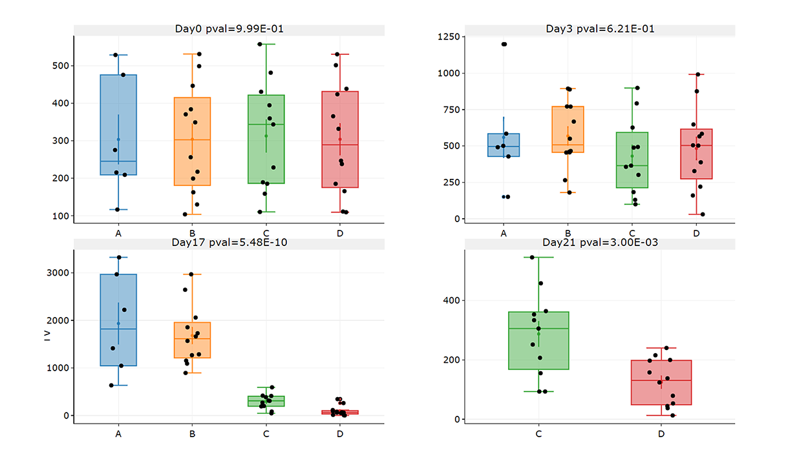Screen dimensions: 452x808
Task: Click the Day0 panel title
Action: [229, 29]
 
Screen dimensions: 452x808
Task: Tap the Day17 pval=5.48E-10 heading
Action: [229, 243]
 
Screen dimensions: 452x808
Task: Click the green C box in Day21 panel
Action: [538, 340]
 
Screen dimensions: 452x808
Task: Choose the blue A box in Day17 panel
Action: [118, 320]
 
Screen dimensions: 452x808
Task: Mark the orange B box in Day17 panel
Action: [192, 340]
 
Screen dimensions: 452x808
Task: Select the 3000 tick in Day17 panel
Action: [56, 273]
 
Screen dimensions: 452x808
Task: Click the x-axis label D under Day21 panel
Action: [661, 434]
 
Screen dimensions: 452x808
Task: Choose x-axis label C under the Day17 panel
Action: [266, 434]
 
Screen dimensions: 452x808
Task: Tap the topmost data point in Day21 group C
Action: [532, 258]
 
